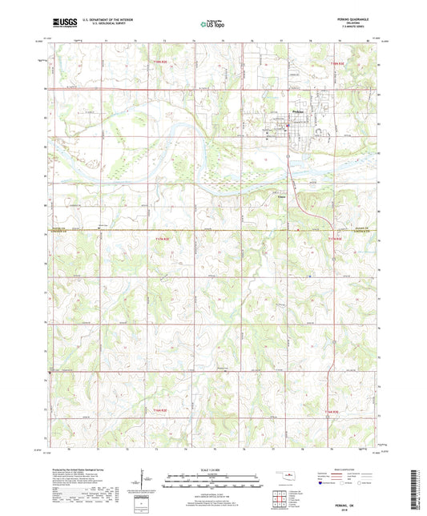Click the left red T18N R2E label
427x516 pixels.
163,61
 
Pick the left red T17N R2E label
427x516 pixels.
163,238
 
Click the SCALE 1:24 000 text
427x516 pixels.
213,469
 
